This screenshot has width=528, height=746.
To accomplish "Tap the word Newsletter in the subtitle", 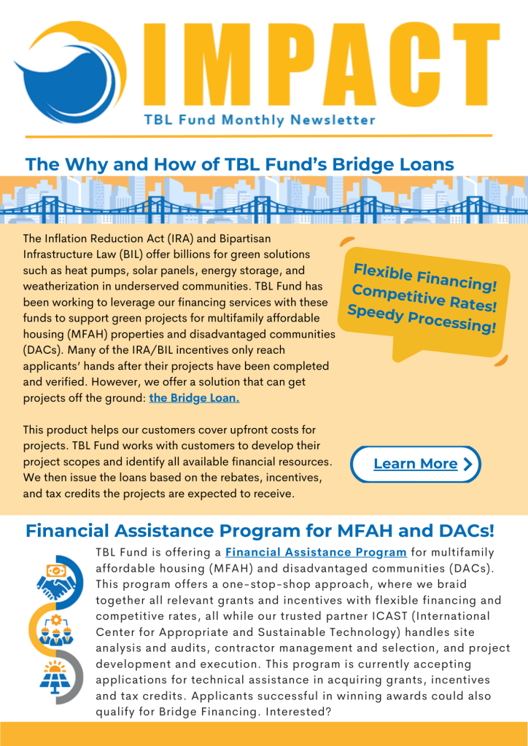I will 335,120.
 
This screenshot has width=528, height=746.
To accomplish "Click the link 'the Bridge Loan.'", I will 194,398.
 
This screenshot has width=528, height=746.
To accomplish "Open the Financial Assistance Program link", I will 316,552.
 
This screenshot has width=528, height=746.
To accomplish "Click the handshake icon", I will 58,576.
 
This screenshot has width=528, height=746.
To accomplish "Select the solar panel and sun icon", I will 58,677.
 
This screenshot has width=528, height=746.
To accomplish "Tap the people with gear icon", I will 58,626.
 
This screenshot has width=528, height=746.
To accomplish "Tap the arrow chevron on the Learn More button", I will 467,464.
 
